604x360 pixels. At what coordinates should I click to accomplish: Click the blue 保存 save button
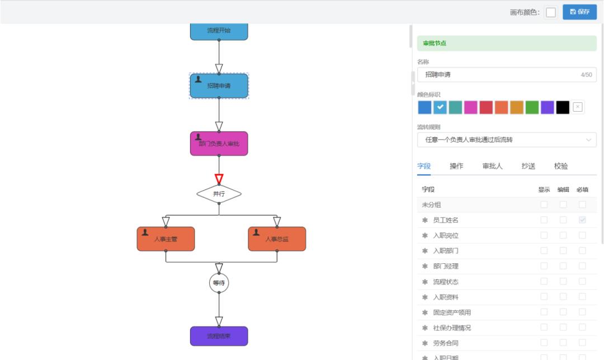(x=579, y=12)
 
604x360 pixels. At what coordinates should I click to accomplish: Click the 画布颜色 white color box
(x=551, y=12)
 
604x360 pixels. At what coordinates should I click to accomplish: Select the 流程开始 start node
(x=219, y=31)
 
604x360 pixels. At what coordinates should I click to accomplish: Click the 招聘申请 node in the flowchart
(x=219, y=86)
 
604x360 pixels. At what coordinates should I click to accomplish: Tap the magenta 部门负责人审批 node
(x=219, y=144)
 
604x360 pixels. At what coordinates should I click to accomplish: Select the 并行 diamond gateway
(x=219, y=194)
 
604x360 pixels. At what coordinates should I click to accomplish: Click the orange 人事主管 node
(x=166, y=239)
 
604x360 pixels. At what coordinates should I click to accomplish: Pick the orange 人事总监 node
(x=277, y=239)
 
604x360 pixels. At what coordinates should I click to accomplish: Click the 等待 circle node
(x=219, y=283)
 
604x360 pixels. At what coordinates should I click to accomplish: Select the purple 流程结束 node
(x=219, y=336)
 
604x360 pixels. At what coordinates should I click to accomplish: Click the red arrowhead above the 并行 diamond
(x=219, y=179)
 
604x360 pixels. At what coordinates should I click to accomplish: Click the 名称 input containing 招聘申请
(x=498, y=74)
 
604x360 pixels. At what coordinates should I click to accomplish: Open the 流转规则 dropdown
(x=507, y=140)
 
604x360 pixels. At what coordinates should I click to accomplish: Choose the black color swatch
(x=563, y=107)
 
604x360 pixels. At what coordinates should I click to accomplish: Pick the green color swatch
(x=532, y=107)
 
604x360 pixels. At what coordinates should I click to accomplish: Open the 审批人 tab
(x=493, y=166)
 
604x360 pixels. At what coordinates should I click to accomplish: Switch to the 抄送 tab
(x=528, y=166)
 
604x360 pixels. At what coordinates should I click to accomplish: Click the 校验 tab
(x=561, y=166)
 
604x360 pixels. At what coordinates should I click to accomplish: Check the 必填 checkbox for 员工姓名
(x=582, y=220)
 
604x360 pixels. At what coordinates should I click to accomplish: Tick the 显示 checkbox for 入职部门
(x=544, y=251)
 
